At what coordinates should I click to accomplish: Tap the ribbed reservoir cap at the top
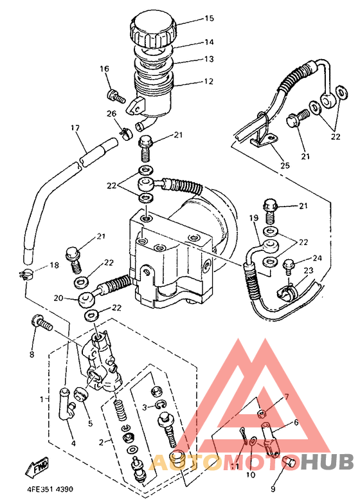152,29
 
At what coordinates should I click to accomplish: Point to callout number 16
105,69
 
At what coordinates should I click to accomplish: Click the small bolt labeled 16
116,96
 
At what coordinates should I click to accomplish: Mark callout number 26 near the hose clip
111,114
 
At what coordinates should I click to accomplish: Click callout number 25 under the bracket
285,166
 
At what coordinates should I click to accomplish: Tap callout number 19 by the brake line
253,219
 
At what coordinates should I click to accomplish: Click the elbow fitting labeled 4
66,412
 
